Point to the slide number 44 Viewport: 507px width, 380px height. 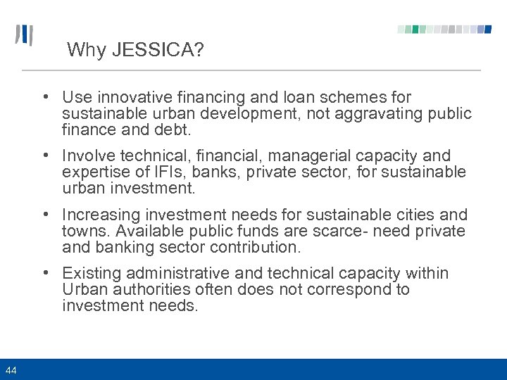pos(11,369)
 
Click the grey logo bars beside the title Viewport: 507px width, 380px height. pos(25,35)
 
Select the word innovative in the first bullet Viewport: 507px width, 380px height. pos(130,97)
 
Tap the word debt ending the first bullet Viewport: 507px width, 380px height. pos(175,129)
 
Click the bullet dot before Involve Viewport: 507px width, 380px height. pos(44,156)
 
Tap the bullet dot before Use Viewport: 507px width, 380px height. pos(44,97)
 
